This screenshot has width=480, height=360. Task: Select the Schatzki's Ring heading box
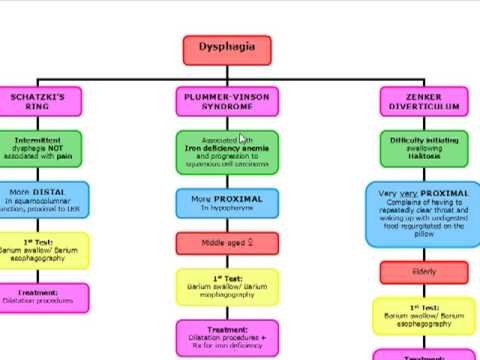tap(38, 102)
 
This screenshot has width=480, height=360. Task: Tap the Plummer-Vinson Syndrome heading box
tap(226, 102)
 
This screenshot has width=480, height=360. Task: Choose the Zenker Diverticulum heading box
tap(423, 102)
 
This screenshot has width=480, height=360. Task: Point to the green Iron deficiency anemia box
tap(226, 152)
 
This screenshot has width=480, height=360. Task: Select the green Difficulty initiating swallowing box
tap(423, 149)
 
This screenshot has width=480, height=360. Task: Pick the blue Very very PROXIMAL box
tap(423, 213)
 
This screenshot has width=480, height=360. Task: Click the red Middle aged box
tap(226, 242)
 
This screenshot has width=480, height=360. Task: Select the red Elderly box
tap(423, 271)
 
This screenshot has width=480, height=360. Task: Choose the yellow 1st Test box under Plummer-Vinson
tap(226, 286)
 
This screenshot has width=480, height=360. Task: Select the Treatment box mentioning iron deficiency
tap(226, 337)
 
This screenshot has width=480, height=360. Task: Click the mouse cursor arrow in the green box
tap(243, 140)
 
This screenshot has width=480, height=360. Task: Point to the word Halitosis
tap(422, 156)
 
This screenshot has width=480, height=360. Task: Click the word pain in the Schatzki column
tap(66, 156)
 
